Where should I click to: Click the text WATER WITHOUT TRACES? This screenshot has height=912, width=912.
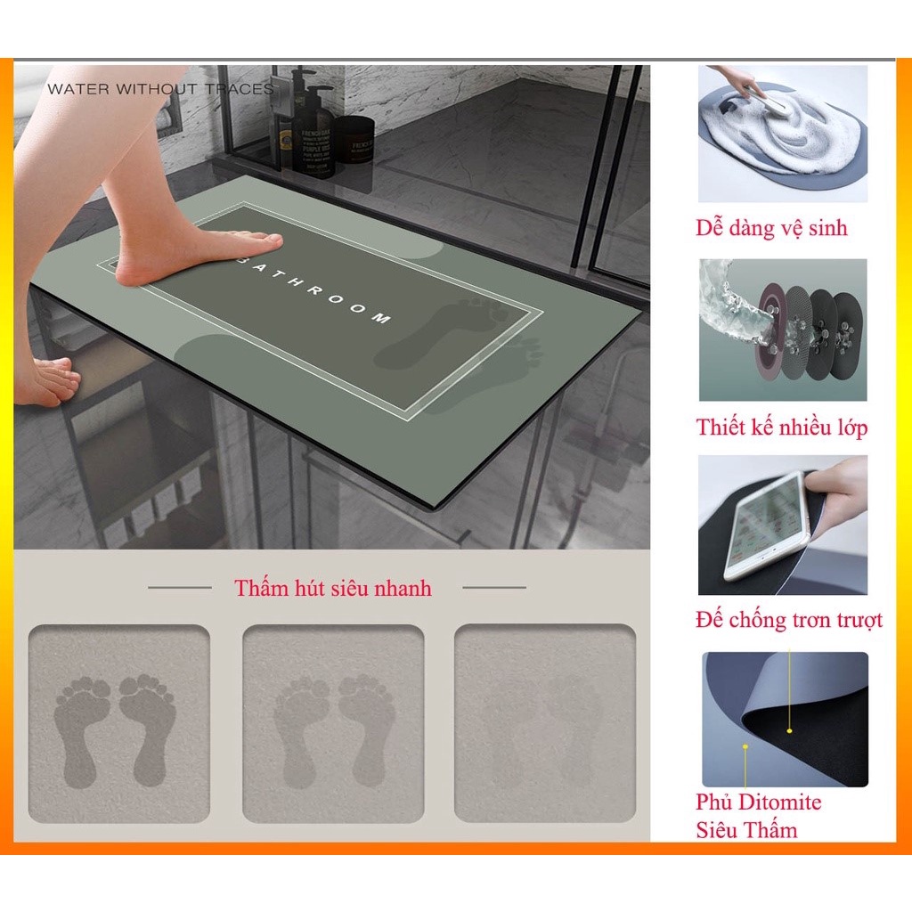point(160,89)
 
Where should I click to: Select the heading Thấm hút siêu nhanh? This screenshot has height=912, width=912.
point(333,589)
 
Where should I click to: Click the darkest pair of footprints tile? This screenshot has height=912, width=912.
point(118,724)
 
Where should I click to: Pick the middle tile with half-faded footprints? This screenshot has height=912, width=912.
point(333,724)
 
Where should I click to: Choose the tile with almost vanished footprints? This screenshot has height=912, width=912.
point(545,724)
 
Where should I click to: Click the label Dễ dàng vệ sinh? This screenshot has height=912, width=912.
point(771,229)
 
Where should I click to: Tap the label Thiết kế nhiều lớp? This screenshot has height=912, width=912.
point(782,427)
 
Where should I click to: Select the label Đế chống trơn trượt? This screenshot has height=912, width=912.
point(788,621)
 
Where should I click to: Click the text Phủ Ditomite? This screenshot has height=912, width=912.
point(758,802)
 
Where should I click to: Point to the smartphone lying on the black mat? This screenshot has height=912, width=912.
point(766,525)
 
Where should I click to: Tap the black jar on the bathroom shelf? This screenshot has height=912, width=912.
point(355,139)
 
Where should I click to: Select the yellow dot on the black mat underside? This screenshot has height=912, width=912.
point(789,730)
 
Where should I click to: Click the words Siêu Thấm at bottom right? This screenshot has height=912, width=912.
point(746,831)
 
